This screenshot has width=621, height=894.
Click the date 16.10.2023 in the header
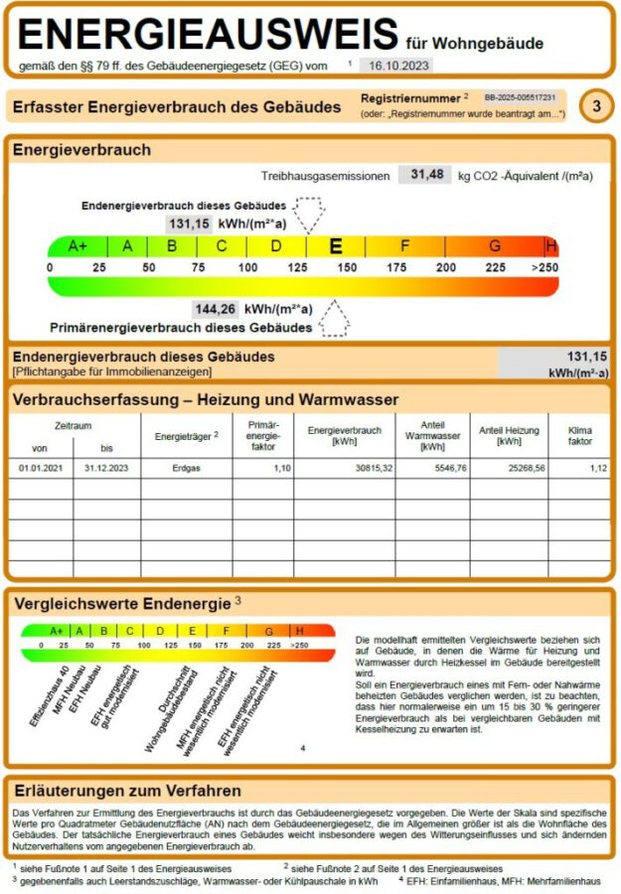tap(394, 65)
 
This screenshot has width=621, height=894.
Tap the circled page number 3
tap(595, 106)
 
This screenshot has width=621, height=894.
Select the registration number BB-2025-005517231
tap(520, 98)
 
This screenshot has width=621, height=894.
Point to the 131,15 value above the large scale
tap(189, 223)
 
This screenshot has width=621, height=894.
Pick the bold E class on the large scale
tap(336, 246)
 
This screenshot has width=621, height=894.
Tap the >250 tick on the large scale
tap(544, 268)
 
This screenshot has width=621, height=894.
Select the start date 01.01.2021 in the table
tap(40, 467)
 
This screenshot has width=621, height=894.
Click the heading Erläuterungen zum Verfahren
tap(127, 791)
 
